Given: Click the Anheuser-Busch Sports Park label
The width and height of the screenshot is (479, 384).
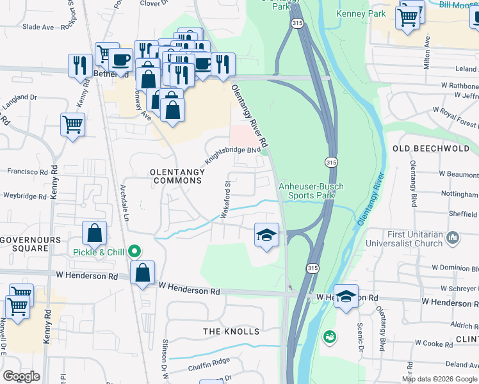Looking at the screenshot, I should (x=311, y=191).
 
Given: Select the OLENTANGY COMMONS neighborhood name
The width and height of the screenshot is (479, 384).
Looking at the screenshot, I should (x=176, y=176).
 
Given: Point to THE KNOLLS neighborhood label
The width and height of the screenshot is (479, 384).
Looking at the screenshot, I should (x=231, y=331).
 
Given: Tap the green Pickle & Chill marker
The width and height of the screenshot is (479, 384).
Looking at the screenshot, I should (x=134, y=252).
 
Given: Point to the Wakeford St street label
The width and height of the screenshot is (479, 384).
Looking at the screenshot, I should (x=226, y=200).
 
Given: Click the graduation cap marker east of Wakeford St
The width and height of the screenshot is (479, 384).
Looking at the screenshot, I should (x=266, y=234).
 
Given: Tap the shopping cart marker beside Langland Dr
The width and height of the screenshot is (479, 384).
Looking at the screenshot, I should (x=72, y=124).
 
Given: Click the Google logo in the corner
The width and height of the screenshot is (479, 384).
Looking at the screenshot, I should (x=21, y=376).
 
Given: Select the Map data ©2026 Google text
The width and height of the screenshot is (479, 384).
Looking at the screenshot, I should (x=439, y=379).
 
